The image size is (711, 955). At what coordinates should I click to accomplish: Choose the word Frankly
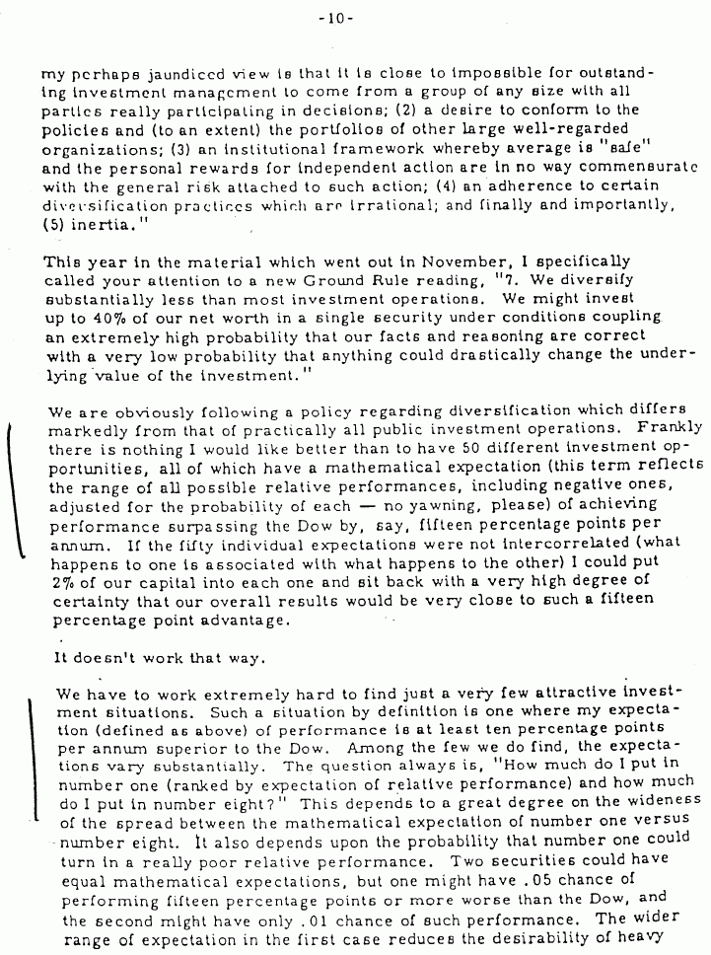tap(670, 428)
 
